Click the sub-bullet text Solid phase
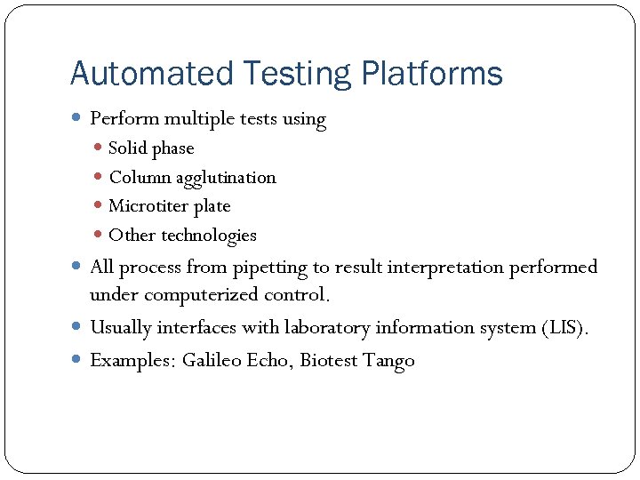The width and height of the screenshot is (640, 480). (x=150, y=148)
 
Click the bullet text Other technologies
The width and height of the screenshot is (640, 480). (x=182, y=236)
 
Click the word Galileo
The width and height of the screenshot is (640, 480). (x=212, y=361)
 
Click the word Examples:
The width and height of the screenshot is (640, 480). (x=132, y=361)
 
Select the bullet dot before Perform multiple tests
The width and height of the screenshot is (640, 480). (x=77, y=118)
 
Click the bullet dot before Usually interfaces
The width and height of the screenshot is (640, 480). (x=77, y=328)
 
